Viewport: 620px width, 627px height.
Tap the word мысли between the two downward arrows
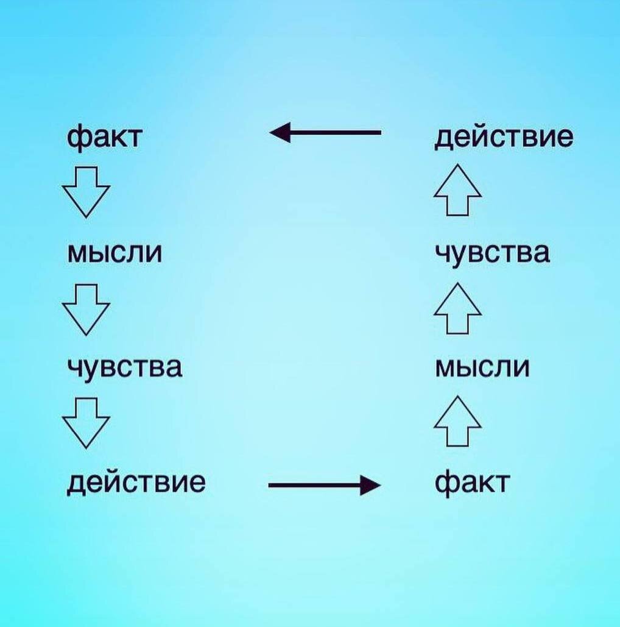(114, 253)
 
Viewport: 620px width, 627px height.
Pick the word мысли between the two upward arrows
(482, 367)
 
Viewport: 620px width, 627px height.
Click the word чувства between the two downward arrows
(124, 367)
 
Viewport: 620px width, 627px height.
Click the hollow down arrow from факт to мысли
(86, 191)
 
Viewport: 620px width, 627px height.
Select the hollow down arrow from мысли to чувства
(86, 309)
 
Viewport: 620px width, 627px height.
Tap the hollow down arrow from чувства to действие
(86, 422)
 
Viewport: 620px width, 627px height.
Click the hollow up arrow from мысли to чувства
(457, 308)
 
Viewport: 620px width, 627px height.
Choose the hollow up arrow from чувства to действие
(457, 190)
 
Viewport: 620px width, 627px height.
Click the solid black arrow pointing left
(325, 132)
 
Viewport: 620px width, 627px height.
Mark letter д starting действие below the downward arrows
(76, 484)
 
